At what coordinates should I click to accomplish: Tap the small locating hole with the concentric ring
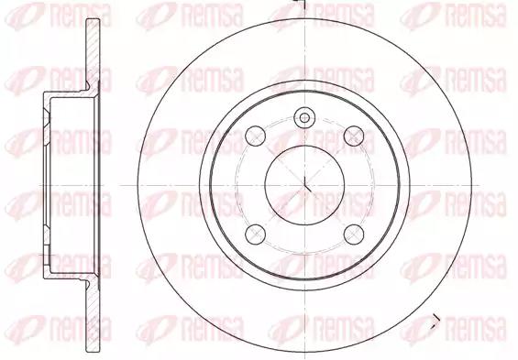304,118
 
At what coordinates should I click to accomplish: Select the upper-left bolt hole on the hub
256,136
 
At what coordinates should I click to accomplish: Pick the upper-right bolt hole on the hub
354,136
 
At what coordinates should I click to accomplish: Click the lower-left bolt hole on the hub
256,235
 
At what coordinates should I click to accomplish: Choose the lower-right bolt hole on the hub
354,235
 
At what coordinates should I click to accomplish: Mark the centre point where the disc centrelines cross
304,185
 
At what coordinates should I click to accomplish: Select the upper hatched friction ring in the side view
93,54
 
